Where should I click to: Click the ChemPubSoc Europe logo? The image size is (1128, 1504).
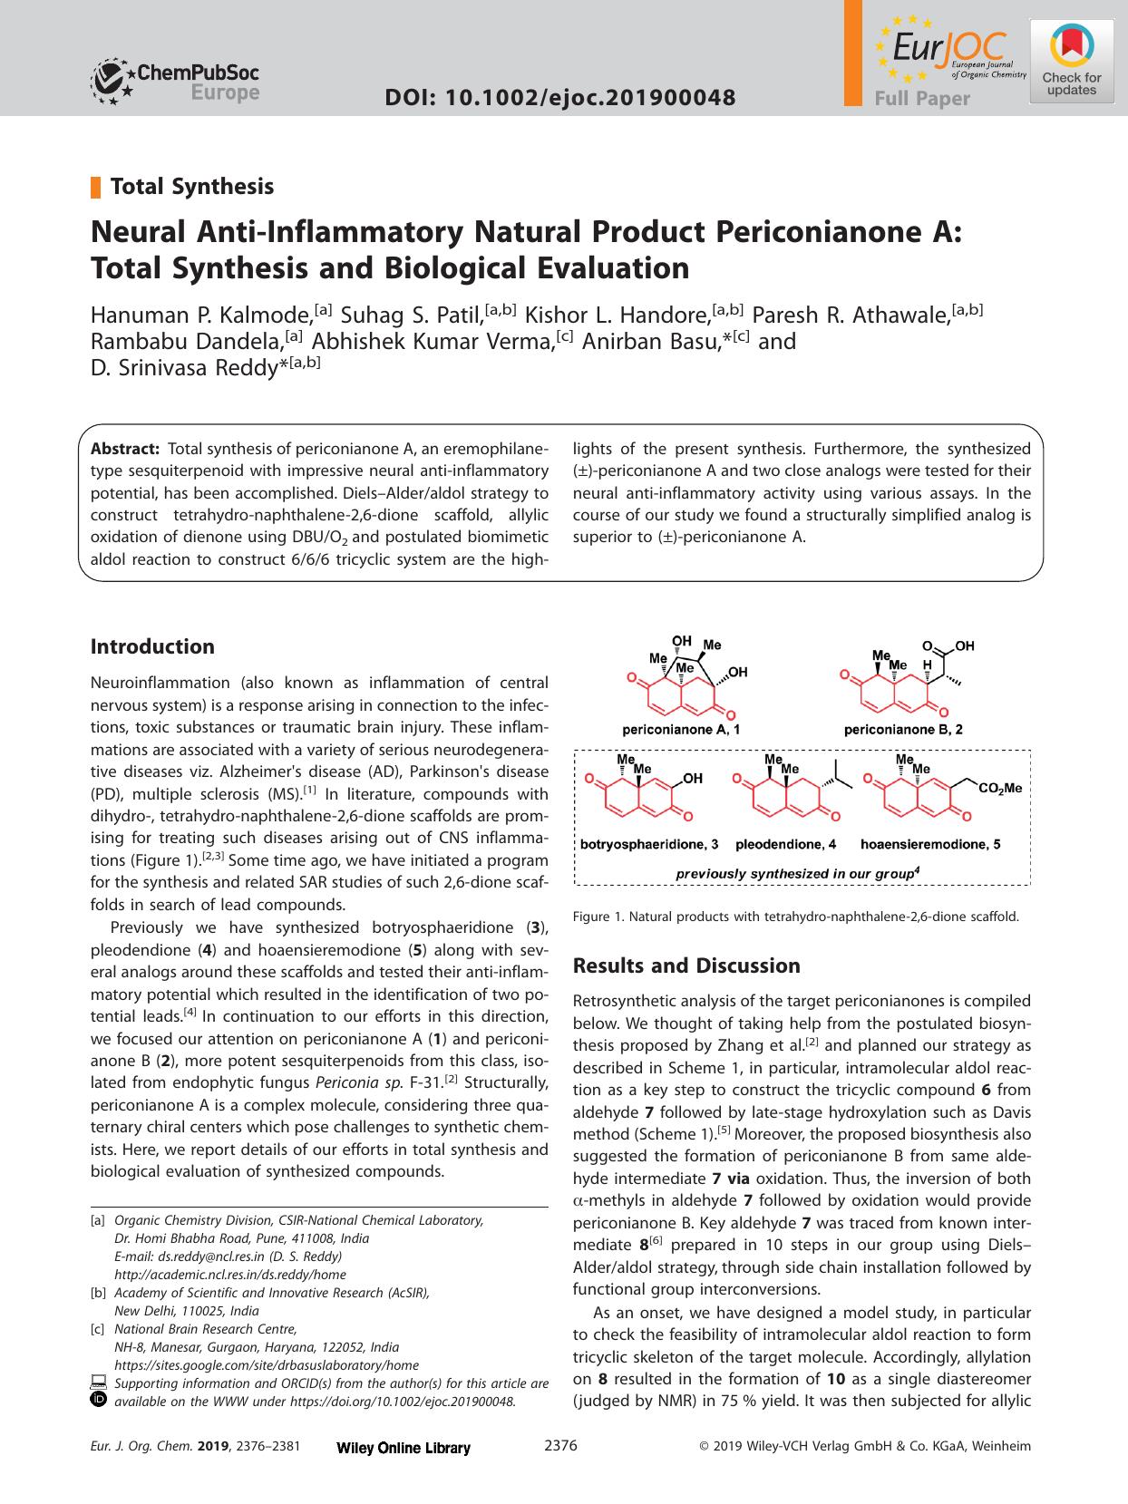[175, 82]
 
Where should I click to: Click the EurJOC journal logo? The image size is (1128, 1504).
[948, 53]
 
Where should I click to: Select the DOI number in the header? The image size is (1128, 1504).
[559, 97]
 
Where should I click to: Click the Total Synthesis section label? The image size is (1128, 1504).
[191, 187]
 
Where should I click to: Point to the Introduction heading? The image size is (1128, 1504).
[152, 646]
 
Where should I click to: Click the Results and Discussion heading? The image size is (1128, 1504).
[686, 965]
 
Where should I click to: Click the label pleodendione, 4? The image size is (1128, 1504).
[785, 844]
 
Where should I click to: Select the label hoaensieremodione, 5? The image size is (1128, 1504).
[930, 844]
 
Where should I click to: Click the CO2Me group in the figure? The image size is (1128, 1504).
[1000, 789]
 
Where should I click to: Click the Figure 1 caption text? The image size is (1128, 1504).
[796, 917]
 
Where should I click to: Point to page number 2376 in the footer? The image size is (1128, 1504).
[560, 1471]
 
